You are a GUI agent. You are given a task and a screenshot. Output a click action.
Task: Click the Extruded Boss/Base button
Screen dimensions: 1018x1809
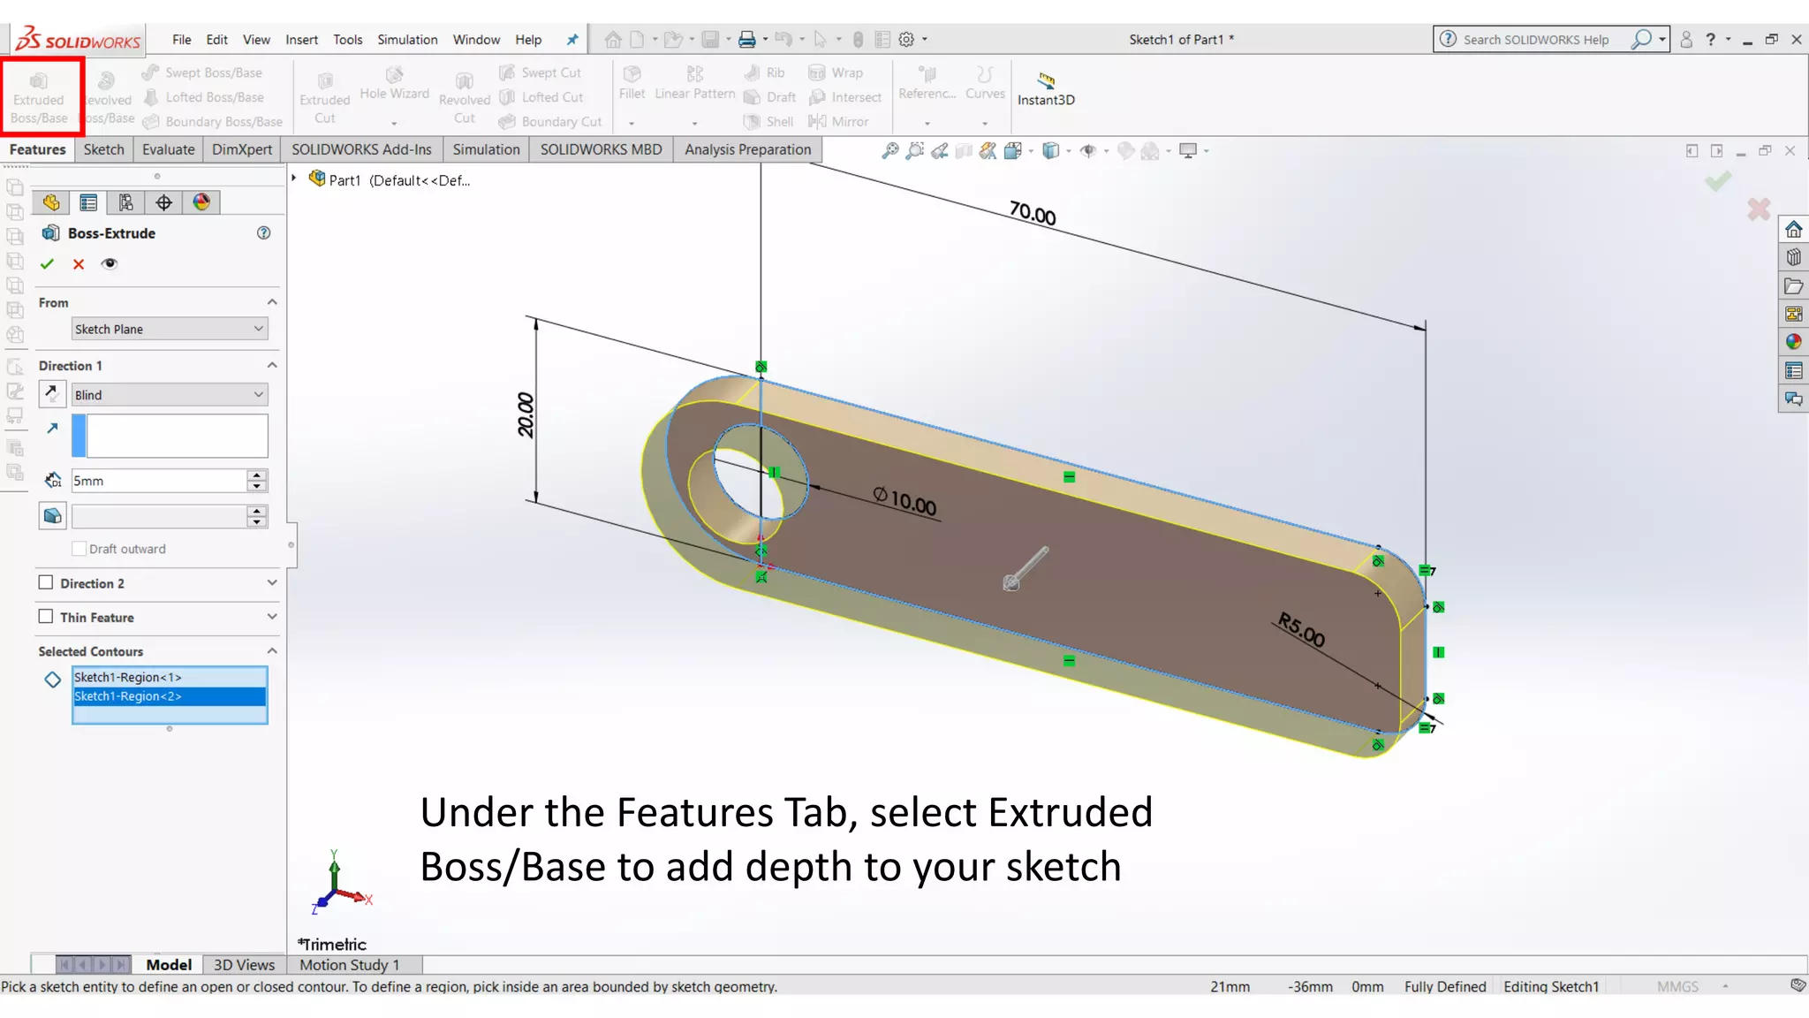[39, 96]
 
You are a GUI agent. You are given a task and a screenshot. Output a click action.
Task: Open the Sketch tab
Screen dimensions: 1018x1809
[103, 149]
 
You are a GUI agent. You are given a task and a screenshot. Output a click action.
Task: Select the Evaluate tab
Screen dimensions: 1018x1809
[168, 149]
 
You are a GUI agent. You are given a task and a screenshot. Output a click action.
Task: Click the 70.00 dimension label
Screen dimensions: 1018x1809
[1033, 214]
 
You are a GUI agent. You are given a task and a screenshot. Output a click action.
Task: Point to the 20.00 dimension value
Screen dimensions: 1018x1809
[526, 414]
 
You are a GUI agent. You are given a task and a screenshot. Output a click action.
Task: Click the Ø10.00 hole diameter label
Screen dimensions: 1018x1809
[904, 501]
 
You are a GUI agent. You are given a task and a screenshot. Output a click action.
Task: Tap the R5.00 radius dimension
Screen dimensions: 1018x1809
[1301, 629]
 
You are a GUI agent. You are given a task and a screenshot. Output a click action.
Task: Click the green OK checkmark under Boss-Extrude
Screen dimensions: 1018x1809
[48, 264]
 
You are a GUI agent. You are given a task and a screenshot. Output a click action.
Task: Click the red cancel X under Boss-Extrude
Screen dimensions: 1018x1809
[79, 264]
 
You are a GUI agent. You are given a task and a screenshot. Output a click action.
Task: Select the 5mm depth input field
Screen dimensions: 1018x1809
[159, 481]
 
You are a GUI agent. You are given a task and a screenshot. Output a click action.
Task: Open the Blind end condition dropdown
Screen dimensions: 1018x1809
[169, 395]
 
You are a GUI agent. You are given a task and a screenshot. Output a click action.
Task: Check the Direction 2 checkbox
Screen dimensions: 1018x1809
[46, 583]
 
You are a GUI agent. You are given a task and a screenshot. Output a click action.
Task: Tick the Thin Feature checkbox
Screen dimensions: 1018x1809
[46, 617]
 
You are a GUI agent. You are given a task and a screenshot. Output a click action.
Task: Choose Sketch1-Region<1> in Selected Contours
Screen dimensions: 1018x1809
[169, 677]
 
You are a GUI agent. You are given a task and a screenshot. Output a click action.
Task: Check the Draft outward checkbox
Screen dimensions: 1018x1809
[79, 549]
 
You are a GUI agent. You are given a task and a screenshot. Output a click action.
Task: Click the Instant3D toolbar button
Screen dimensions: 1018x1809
[1046, 89]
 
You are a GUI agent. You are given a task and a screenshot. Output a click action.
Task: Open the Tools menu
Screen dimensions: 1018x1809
[347, 40]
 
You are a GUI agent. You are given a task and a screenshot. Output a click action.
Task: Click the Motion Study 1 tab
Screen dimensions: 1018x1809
[350, 965]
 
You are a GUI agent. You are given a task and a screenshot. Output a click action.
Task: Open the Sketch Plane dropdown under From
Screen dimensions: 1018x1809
[169, 329]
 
